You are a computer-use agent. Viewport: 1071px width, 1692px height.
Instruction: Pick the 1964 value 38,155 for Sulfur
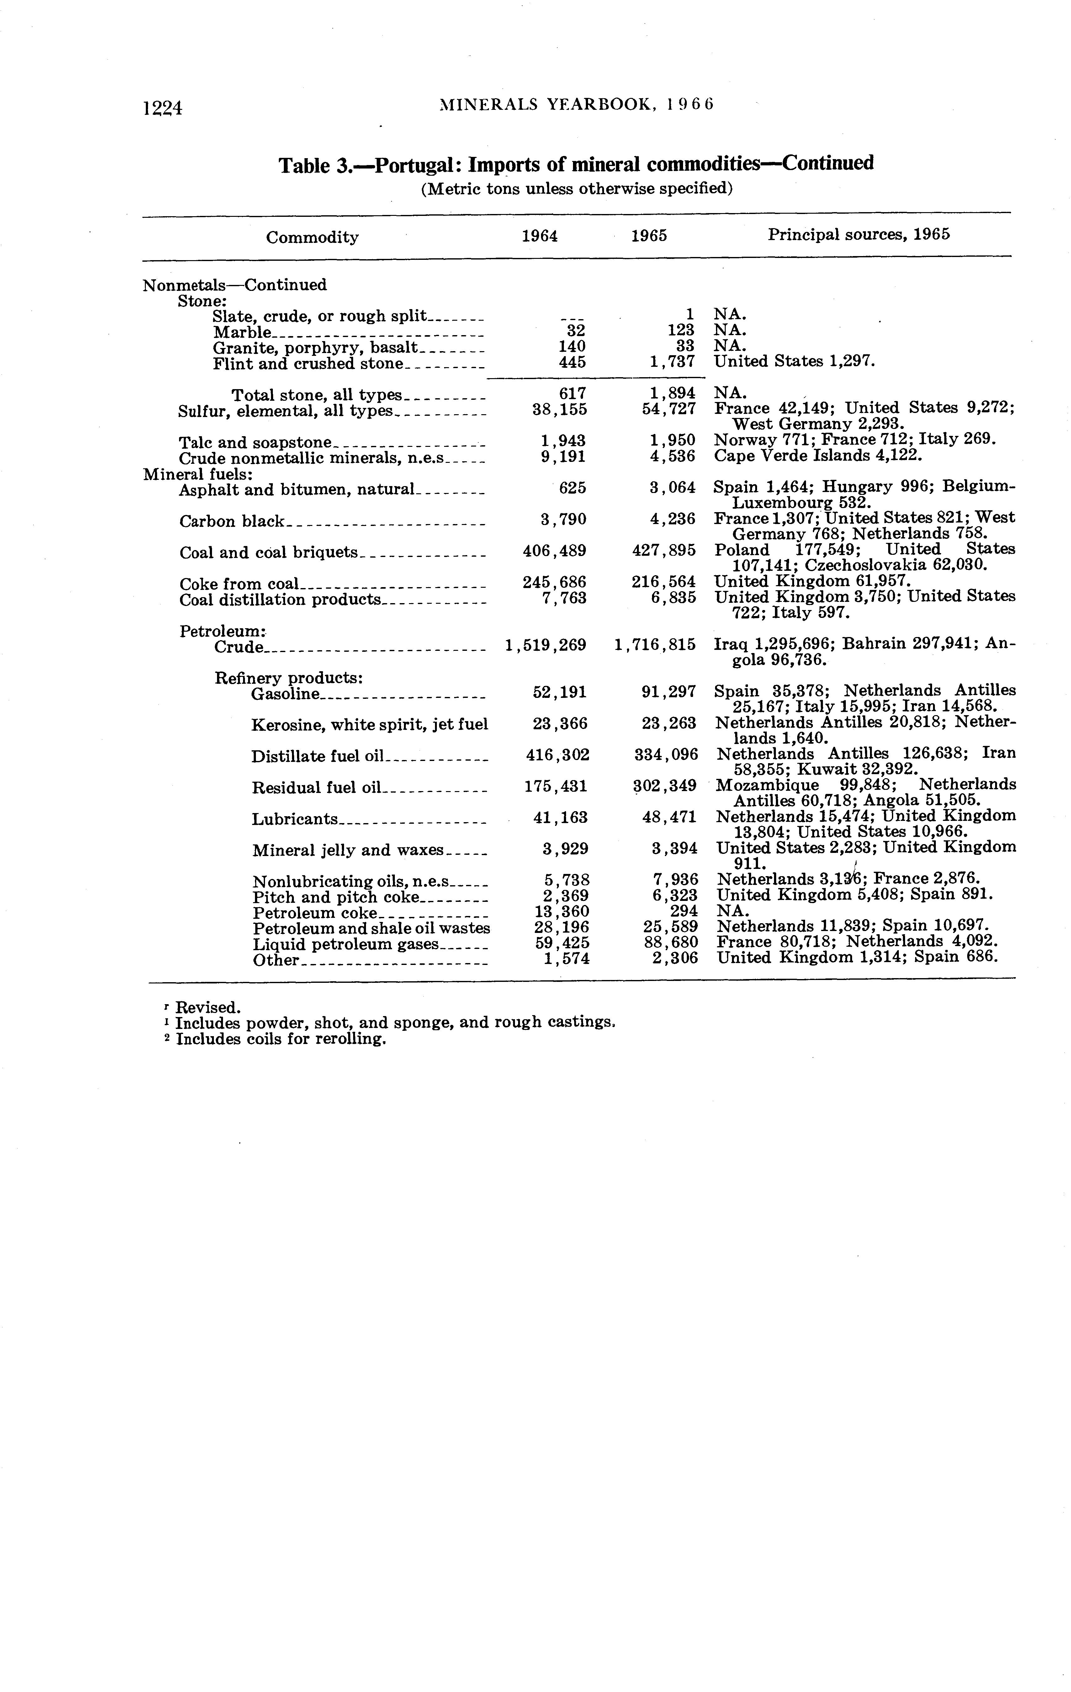[560, 410]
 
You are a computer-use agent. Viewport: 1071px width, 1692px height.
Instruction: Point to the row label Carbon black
[232, 521]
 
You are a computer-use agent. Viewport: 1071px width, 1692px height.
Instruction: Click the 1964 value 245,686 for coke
[554, 582]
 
